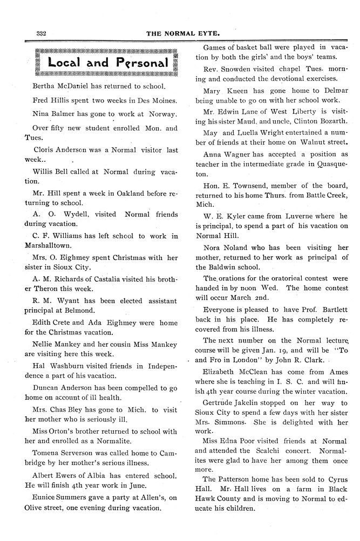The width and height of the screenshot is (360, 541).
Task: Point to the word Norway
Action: tap(161, 114)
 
